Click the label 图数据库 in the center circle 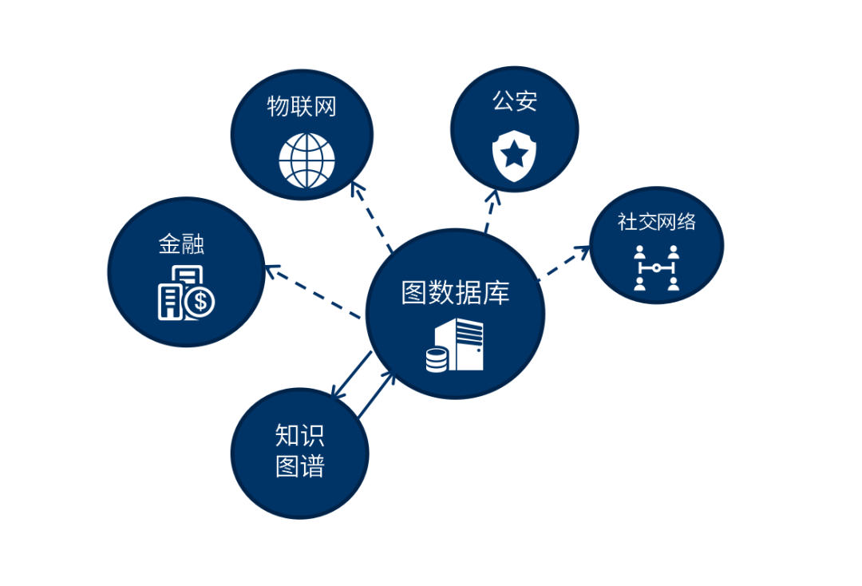click(455, 294)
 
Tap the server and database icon click(455, 345)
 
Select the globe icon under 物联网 click(306, 160)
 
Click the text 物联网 click(302, 106)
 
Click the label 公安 click(515, 101)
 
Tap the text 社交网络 click(656, 221)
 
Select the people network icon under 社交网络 click(656, 267)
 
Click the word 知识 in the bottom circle click(300, 436)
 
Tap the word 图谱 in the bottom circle click(300, 466)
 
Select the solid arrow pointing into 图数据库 click(376, 394)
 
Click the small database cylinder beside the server click(436, 359)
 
